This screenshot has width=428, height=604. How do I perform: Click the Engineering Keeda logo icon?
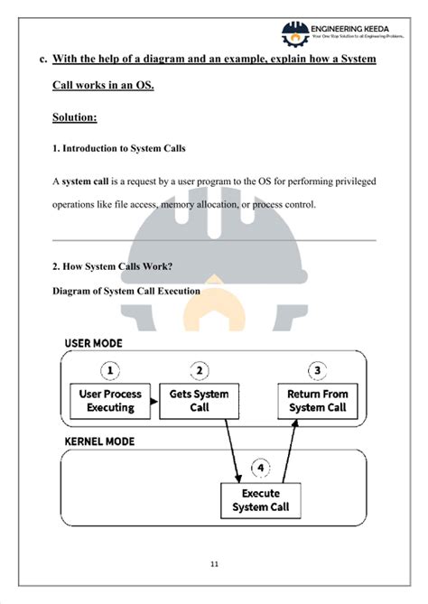click(294, 34)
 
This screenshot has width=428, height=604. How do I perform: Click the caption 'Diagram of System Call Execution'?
click(126, 292)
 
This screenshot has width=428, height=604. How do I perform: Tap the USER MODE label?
click(94, 344)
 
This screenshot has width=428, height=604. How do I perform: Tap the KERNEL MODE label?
click(99, 442)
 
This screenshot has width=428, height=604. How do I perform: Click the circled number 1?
click(110, 370)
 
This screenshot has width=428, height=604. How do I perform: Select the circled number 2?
click(200, 370)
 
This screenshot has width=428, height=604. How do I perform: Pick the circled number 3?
click(317, 370)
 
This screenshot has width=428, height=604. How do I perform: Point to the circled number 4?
click(260, 469)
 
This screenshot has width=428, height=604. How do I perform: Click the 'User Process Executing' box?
click(110, 401)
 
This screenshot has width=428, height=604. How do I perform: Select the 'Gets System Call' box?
click(200, 401)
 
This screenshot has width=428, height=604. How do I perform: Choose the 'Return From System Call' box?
click(317, 401)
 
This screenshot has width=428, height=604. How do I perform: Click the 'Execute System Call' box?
click(261, 499)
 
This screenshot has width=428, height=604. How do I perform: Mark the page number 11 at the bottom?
click(214, 565)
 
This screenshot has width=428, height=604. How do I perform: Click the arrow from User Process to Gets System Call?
click(155, 402)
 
